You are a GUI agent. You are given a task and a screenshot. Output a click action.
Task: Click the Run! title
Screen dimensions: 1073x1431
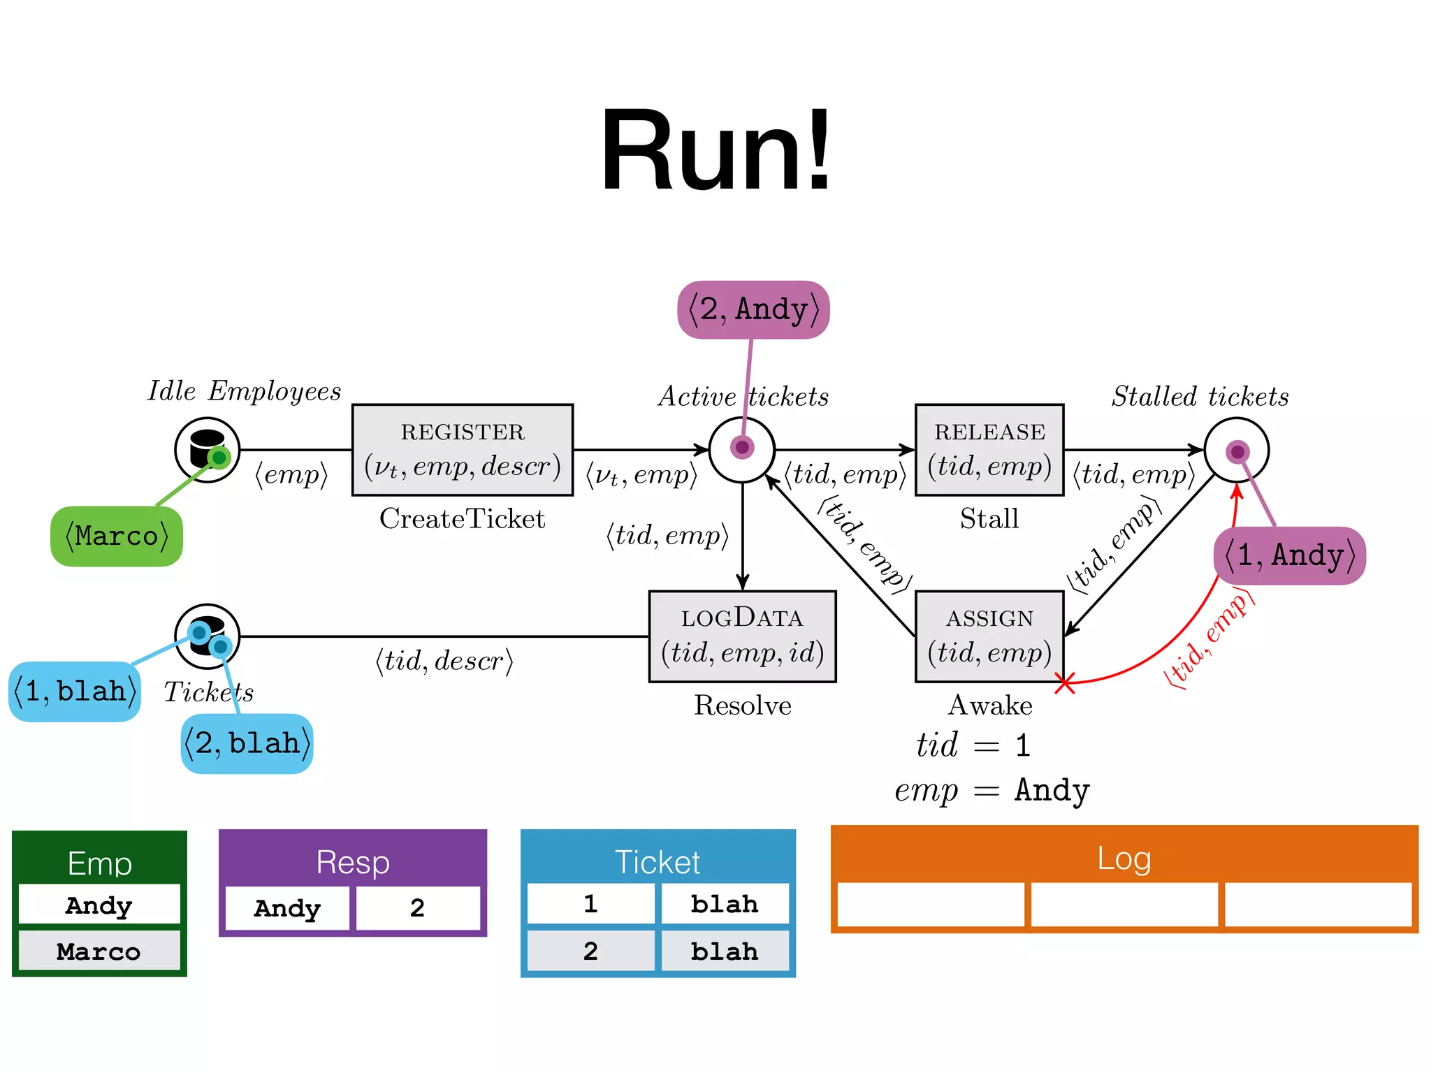[x=715, y=150]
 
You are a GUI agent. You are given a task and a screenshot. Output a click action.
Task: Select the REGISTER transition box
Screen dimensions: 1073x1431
[x=463, y=450]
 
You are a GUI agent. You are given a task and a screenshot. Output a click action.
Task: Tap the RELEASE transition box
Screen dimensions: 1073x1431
[x=989, y=450]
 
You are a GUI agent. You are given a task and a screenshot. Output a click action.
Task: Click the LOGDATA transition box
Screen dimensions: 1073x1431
[x=742, y=636]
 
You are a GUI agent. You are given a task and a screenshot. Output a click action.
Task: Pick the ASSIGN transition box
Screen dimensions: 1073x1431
[x=989, y=636]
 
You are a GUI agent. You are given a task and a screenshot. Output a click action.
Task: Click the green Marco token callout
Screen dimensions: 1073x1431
[x=117, y=536]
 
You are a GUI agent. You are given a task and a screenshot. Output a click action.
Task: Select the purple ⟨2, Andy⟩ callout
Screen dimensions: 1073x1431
[x=753, y=309]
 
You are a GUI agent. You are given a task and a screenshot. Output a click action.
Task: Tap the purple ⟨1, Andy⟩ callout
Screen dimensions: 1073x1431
[x=1290, y=555]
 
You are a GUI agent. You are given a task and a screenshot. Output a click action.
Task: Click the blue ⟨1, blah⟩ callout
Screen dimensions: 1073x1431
[x=75, y=692]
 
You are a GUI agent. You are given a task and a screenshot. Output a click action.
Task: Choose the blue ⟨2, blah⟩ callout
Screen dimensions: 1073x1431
[x=247, y=743]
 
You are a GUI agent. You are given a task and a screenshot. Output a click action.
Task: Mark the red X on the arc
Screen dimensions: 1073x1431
[x=1064, y=683]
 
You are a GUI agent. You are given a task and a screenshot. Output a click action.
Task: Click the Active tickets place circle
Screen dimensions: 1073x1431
[x=742, y=450]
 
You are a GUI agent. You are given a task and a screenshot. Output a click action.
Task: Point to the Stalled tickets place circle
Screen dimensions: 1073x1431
[x=1236, y=450]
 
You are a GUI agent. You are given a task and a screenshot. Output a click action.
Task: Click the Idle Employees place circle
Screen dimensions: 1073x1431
[x=207, y=450]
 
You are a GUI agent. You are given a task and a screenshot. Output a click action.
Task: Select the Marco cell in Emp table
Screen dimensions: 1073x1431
[x=99, y=951]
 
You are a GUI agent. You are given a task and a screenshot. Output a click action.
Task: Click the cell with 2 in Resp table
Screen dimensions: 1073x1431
[x=418, y=908]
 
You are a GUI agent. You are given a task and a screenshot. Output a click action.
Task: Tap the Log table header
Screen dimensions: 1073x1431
[x=1124, y=858]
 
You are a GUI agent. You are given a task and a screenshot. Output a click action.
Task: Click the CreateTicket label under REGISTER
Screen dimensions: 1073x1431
[x=462, y=519]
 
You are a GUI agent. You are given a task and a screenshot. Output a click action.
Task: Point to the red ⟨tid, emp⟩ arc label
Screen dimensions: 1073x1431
[x=1209, y=639]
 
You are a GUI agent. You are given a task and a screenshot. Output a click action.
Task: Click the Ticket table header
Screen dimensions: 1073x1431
[x=658, y=861]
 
